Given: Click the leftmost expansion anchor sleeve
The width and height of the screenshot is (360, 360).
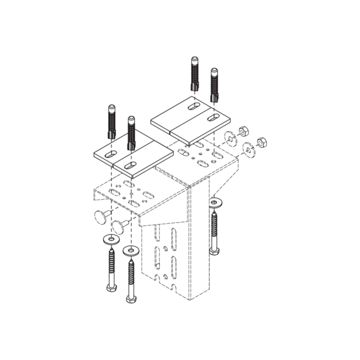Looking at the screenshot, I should coord(111,121).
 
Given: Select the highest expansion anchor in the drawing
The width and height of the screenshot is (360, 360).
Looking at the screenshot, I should coord(195,75).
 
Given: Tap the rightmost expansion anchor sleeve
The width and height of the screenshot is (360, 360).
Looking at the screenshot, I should coord(213,84).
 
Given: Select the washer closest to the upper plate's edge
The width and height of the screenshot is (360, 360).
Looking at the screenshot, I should coord(229,137).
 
